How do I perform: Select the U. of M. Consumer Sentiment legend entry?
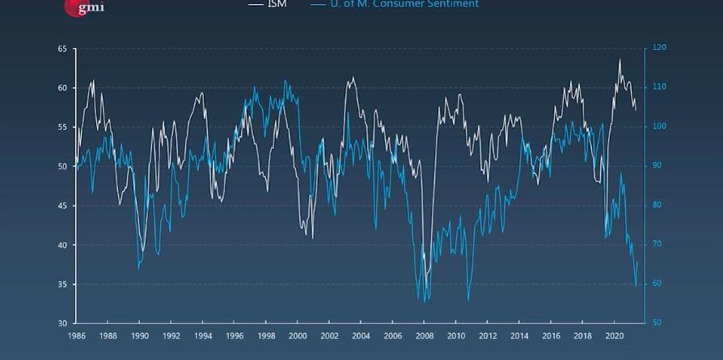pyautogui.click(x=394, y=4)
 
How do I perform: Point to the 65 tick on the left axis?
pyautogui.click(x=62, y=49)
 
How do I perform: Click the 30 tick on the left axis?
pyautogui.click(x=62, y=324)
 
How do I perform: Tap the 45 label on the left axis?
pyautogui.click(x=62, y=206)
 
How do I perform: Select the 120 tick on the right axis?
pyautogui.click(x=659, y=49)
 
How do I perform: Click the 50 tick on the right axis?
pyautogui.click(x=657, y=324)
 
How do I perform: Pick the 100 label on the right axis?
pyautogui.click(x=659, y=127)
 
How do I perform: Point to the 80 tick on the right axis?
pyautogui.click(x=657, y=205)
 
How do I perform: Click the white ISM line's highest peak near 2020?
pyautogui.click(x=619, y=59)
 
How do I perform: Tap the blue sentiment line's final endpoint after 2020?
pyautogui.click(x=637, y=261)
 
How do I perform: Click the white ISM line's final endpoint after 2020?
pyautogui.click(x=636, y=109)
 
